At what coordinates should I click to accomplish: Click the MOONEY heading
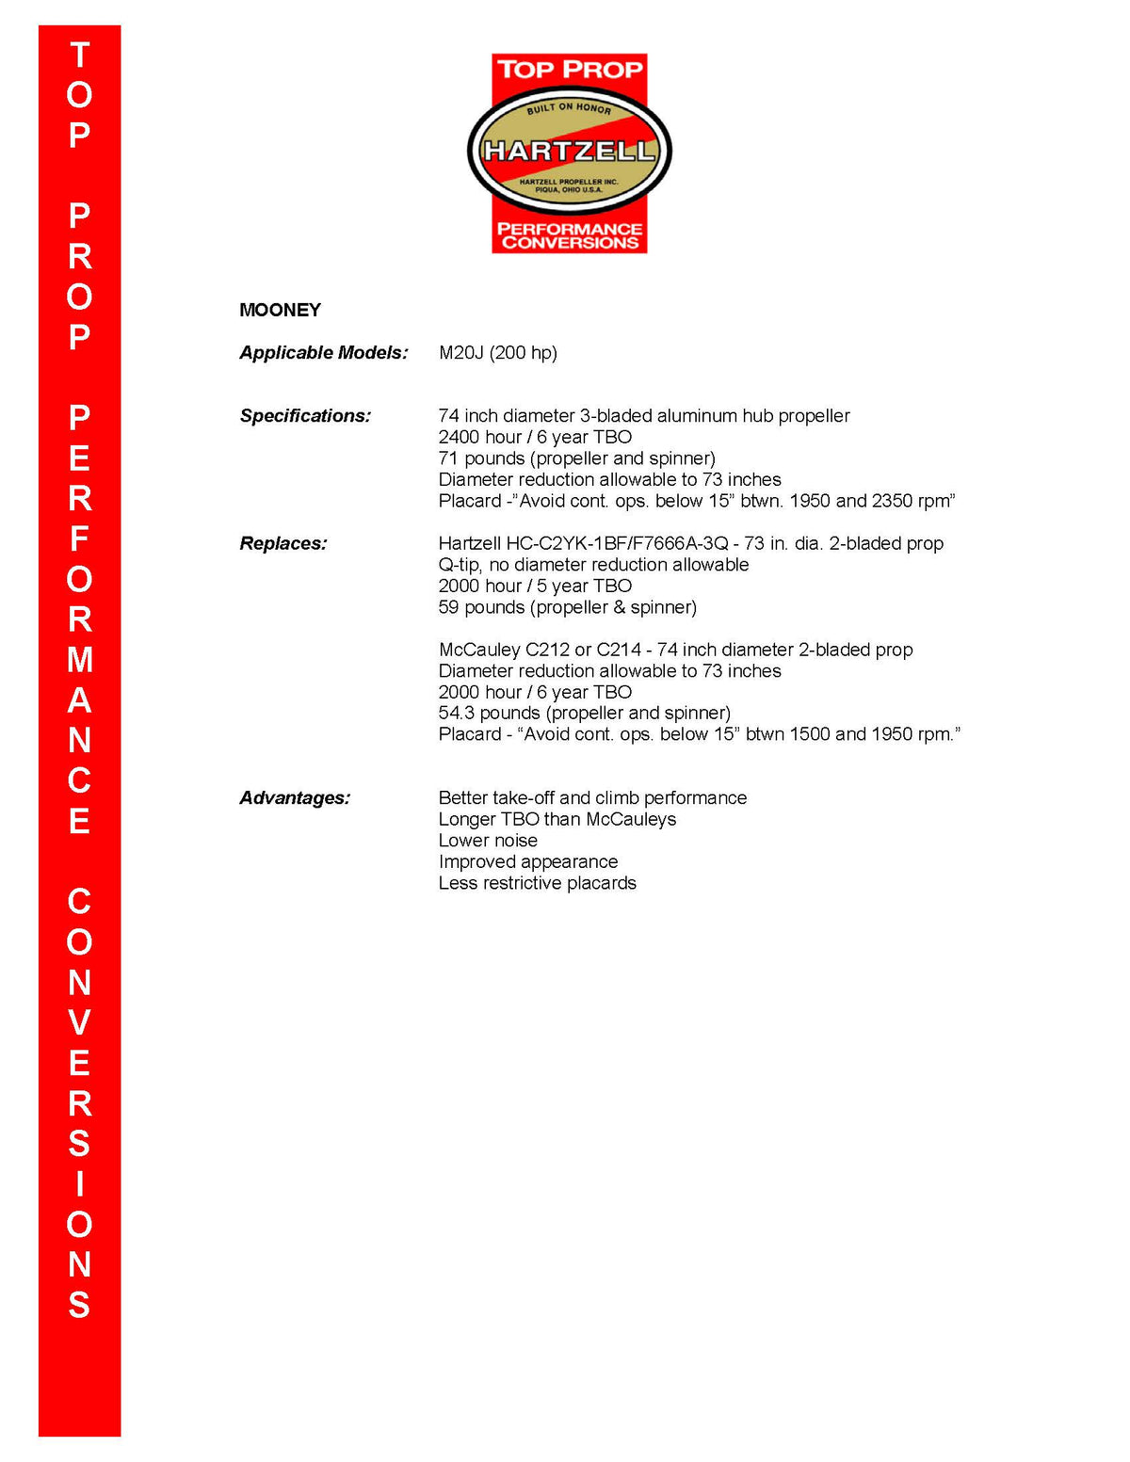pyautogui.click(x=280, y=310)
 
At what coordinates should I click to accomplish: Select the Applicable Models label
pyautogui.click(x=323, y=353)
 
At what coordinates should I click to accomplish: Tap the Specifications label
pyautogui.click(x=305, y=416)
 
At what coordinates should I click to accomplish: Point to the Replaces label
pyautogui.click(x=283, y=543)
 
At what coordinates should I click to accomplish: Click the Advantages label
pyautogui.click(x=295, y=798)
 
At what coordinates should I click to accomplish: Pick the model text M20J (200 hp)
pyautogui.click(x=497, y=353)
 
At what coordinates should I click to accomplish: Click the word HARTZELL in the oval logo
pyautogui.click(x=569, y=151)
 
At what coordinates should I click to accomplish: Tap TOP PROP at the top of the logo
pyautogui.click(x=570, y=70)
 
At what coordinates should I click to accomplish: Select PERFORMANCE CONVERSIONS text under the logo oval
pyautogui.click(x=570, y=235)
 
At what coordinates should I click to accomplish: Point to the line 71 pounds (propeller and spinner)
pyautogui.click(x=576, y=458)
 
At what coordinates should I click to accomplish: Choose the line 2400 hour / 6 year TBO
pyautogui.click(x=535, y=437)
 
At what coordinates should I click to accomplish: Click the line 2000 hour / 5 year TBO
pyautogui.click(x=535, y=586)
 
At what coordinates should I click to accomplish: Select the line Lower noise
pyautogui.click(x=488, y=841)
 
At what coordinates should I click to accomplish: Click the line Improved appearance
pyautogui.click(x=528, y=861)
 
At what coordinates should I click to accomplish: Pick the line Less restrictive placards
pyautogui.click(x=537, y=883)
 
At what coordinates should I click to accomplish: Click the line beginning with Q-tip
pyautogui.click(x=593, y=565)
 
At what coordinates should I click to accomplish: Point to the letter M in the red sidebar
pyautogui.click(x=80, y=660)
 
